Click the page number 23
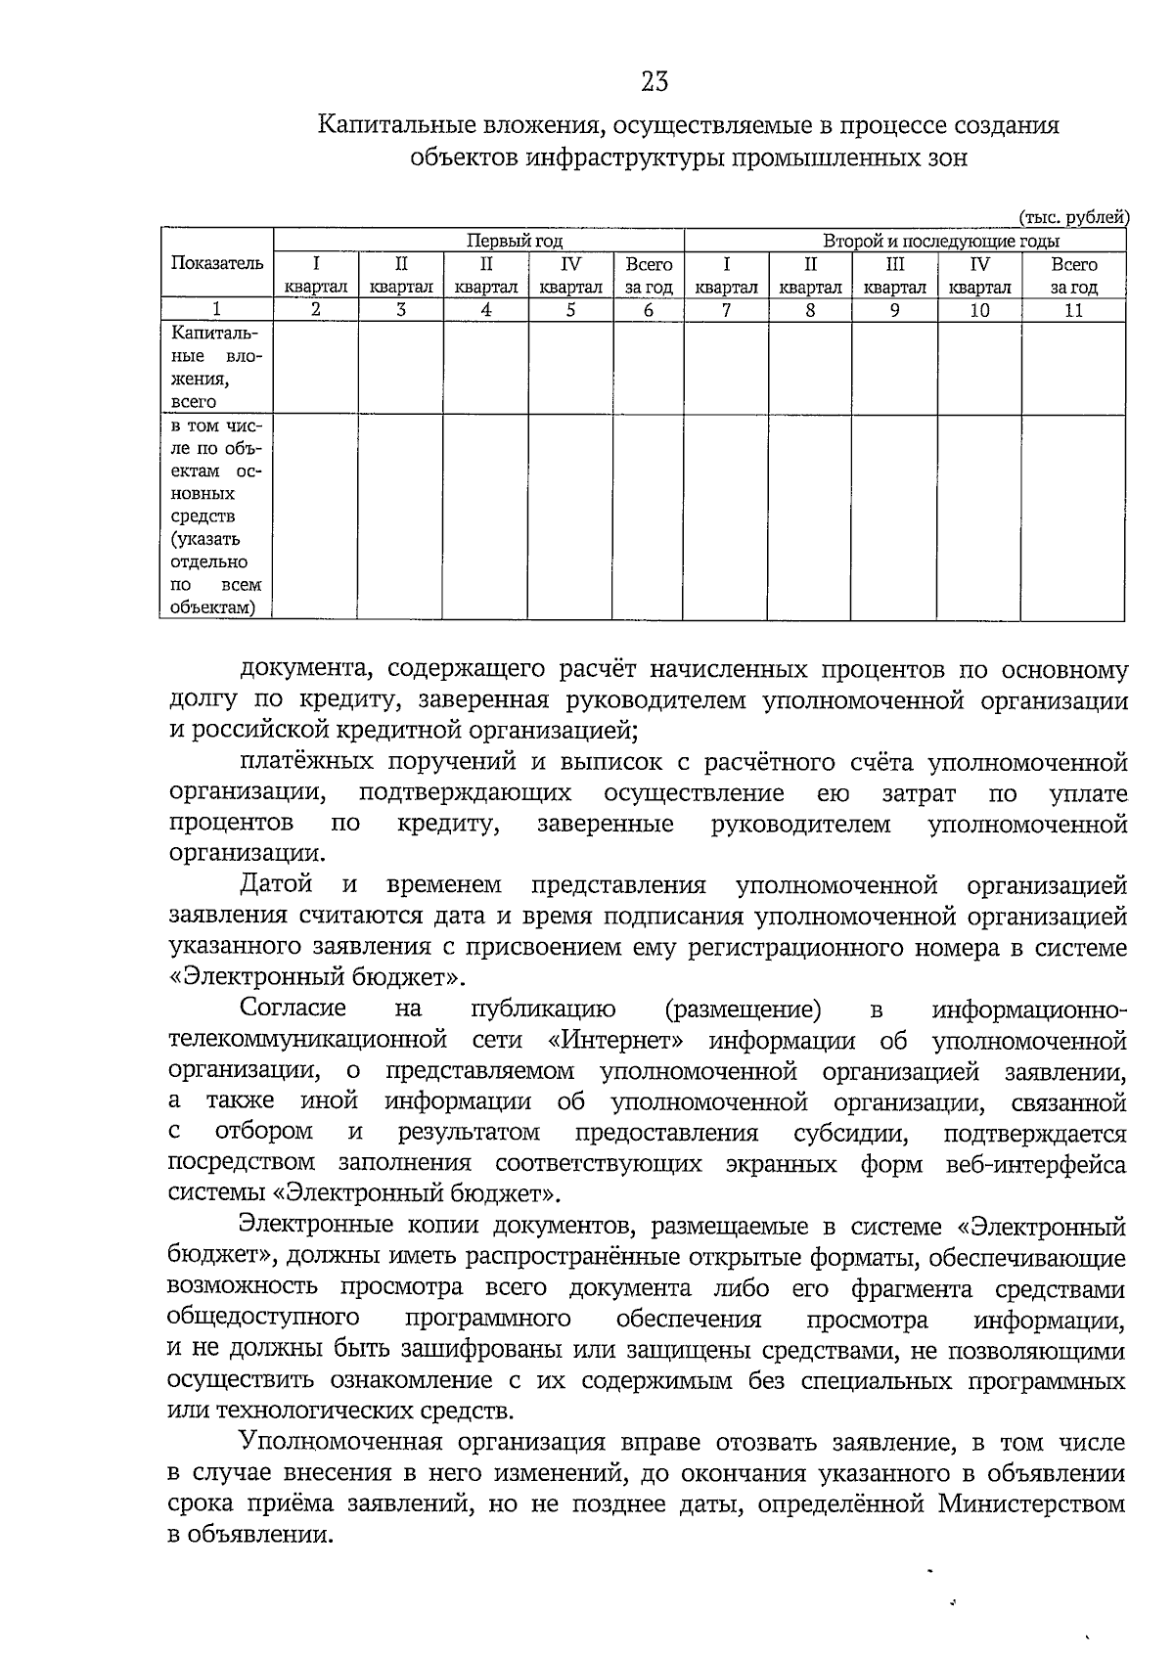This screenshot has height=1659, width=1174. (655, 82)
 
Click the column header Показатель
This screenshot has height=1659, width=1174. (217, 263)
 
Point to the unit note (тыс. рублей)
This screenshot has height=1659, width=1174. (1073, 217)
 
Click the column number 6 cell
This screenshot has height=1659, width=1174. (648, 310)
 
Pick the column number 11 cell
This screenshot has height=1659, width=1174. (1073, 310)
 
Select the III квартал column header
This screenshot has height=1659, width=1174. (894, 275)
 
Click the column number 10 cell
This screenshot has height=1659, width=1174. (979, 310)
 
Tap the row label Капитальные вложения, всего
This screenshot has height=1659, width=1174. (216, 368)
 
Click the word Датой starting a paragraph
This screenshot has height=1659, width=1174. (277, 885)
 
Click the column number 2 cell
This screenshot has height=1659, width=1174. (315, 310)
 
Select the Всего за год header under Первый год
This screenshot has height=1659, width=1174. (648, 275)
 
